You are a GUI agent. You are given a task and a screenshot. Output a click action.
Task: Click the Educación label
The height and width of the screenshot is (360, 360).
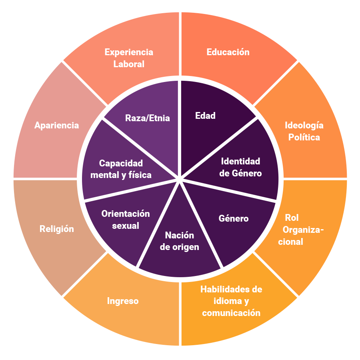[x=228, y=52]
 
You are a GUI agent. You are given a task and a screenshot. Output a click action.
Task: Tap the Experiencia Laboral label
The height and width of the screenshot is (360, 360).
[x=129, y=58]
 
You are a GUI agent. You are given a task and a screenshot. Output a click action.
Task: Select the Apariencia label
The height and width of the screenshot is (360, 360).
[x=56, y=125]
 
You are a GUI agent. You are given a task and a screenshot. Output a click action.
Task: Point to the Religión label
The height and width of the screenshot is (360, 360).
[x=56, y=229]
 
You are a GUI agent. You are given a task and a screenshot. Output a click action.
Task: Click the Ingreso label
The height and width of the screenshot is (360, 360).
[x=123, y=301]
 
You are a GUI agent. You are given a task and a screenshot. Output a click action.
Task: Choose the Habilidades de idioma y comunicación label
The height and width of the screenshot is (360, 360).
[x=231, y=301]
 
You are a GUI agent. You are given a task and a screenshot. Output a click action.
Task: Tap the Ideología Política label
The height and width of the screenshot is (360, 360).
[x=304, y=131]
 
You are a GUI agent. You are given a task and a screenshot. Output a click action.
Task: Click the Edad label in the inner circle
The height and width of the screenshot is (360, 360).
[x=205, y=116]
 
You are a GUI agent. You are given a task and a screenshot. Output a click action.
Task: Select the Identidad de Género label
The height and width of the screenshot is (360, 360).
[x=241, y=167]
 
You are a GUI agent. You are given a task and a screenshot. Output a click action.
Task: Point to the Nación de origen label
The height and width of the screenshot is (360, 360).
[x=179, y=241]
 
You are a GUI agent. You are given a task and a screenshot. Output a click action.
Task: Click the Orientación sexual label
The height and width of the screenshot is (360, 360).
[x=126, y=220]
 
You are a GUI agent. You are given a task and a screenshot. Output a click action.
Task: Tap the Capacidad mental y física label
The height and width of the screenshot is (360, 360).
[x=121, y=169]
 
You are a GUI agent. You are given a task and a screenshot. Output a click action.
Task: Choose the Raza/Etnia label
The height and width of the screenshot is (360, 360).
[x=147, y=118]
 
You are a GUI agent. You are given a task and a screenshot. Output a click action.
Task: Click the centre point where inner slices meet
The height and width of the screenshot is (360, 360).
[x=180, y=180]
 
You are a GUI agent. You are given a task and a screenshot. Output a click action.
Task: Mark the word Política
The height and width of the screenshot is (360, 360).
[x=304, y=137]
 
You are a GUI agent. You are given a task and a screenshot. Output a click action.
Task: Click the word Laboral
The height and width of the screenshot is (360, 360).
[x=129, y=64]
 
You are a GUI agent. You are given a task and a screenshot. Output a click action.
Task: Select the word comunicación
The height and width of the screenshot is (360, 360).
[x=231, y=313]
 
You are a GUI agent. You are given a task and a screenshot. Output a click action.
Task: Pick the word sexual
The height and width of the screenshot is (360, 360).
[x=126, y=226]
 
